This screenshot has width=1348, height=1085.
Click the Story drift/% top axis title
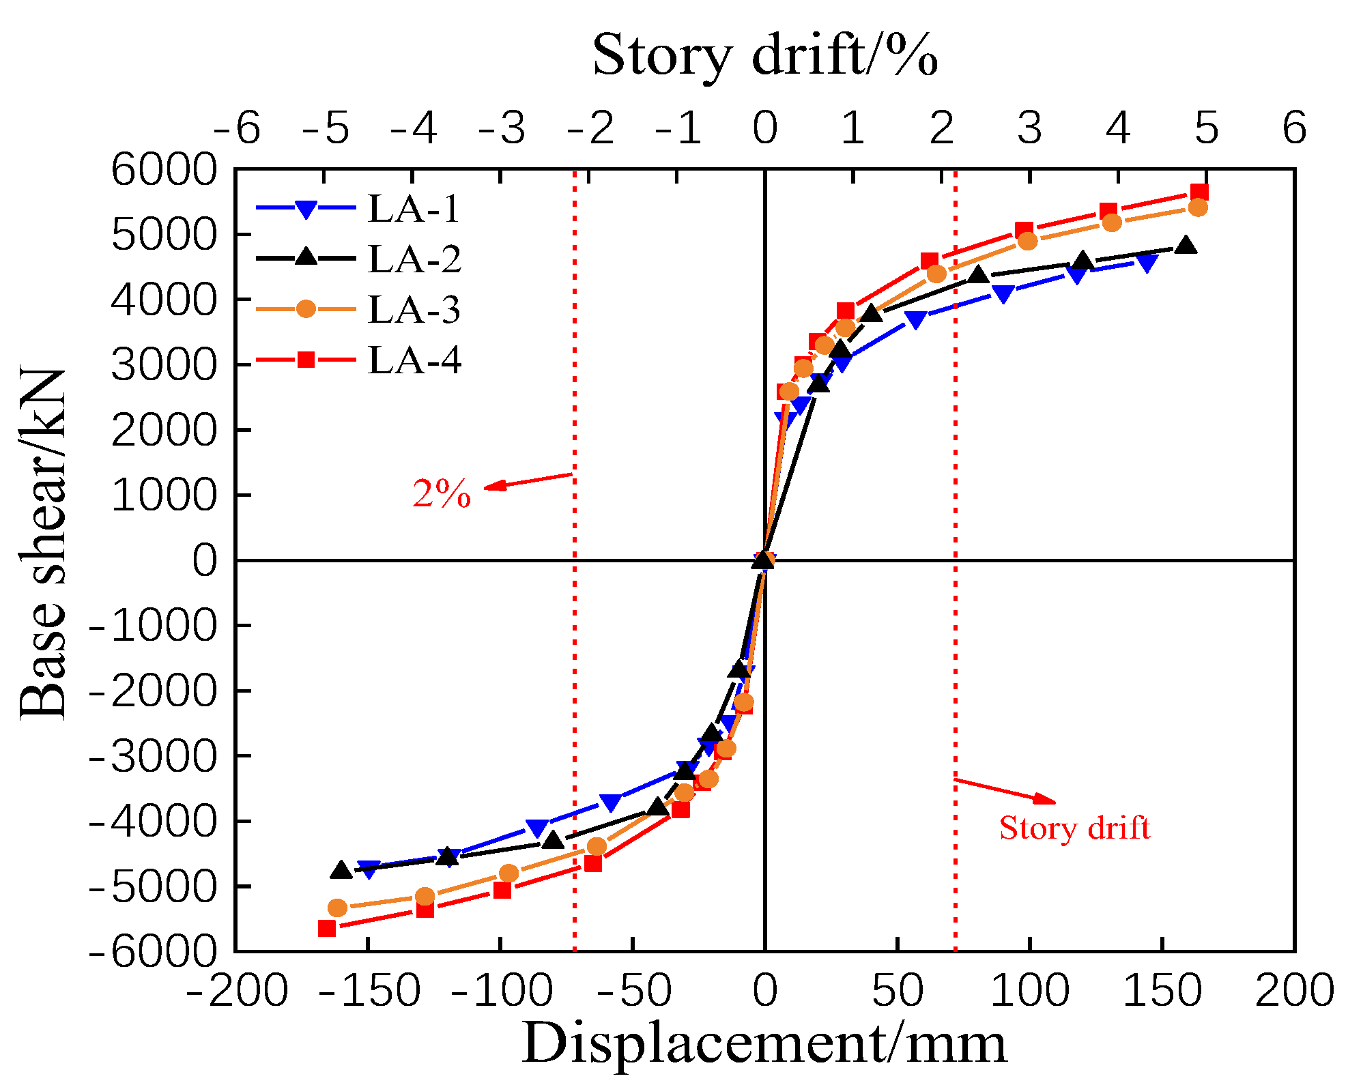click(764, 55)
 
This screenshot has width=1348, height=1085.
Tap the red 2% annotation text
click(442, 493)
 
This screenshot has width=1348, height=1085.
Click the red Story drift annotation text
click(1074, 828)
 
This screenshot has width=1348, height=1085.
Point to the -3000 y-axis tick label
click(154, 755)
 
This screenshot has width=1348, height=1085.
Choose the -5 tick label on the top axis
click(326, 128)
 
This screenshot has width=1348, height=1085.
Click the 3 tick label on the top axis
click(1029, 128)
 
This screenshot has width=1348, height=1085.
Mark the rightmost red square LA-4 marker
click(1199, 192)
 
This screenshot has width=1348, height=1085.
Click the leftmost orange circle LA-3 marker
click(337, 908)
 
